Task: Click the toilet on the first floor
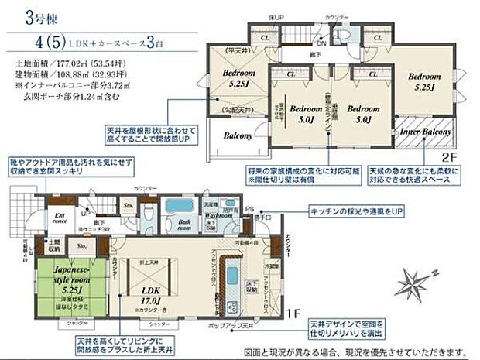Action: point(152,207)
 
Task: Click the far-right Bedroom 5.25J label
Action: point(425,82)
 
